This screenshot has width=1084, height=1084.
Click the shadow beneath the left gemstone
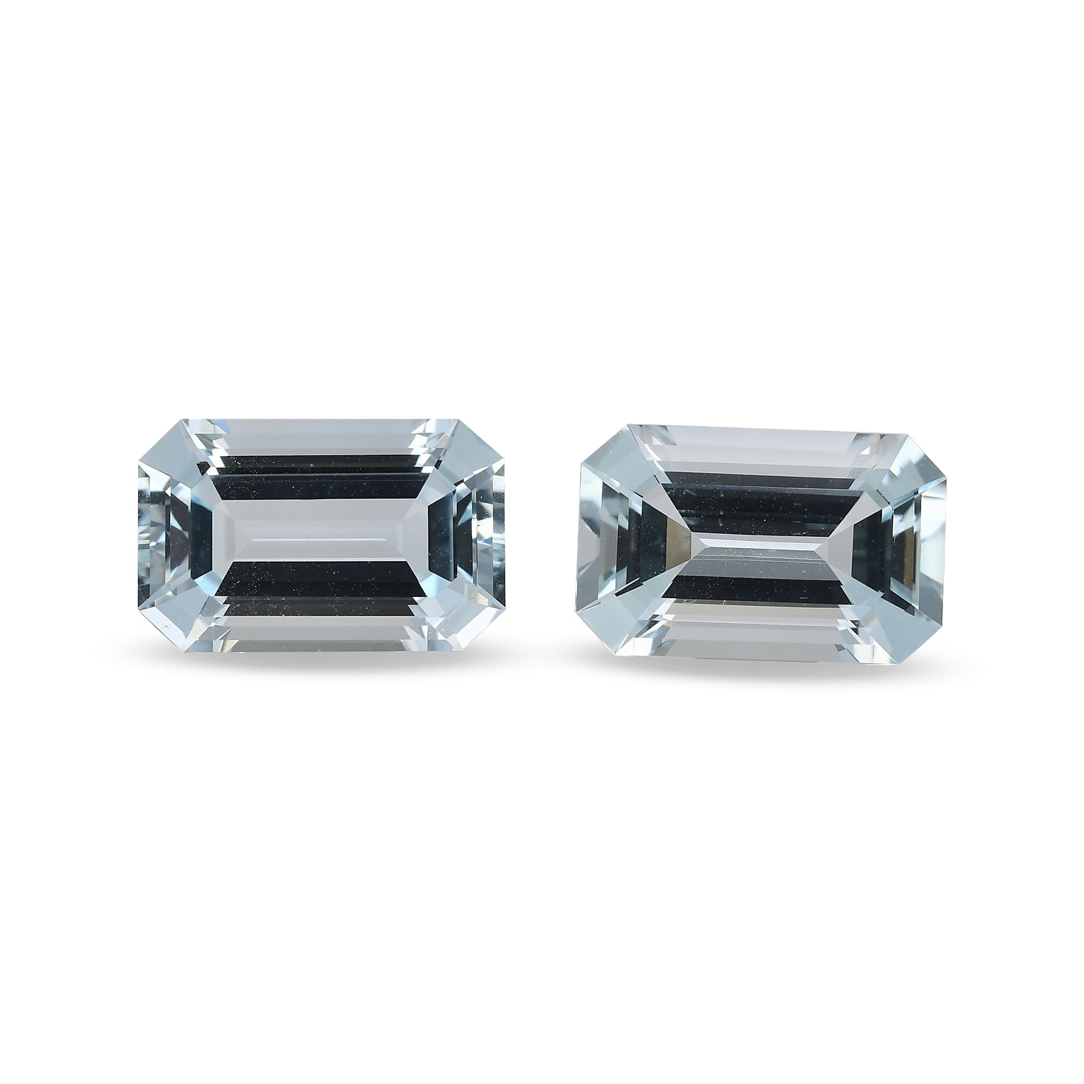click(x=321, y=661)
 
